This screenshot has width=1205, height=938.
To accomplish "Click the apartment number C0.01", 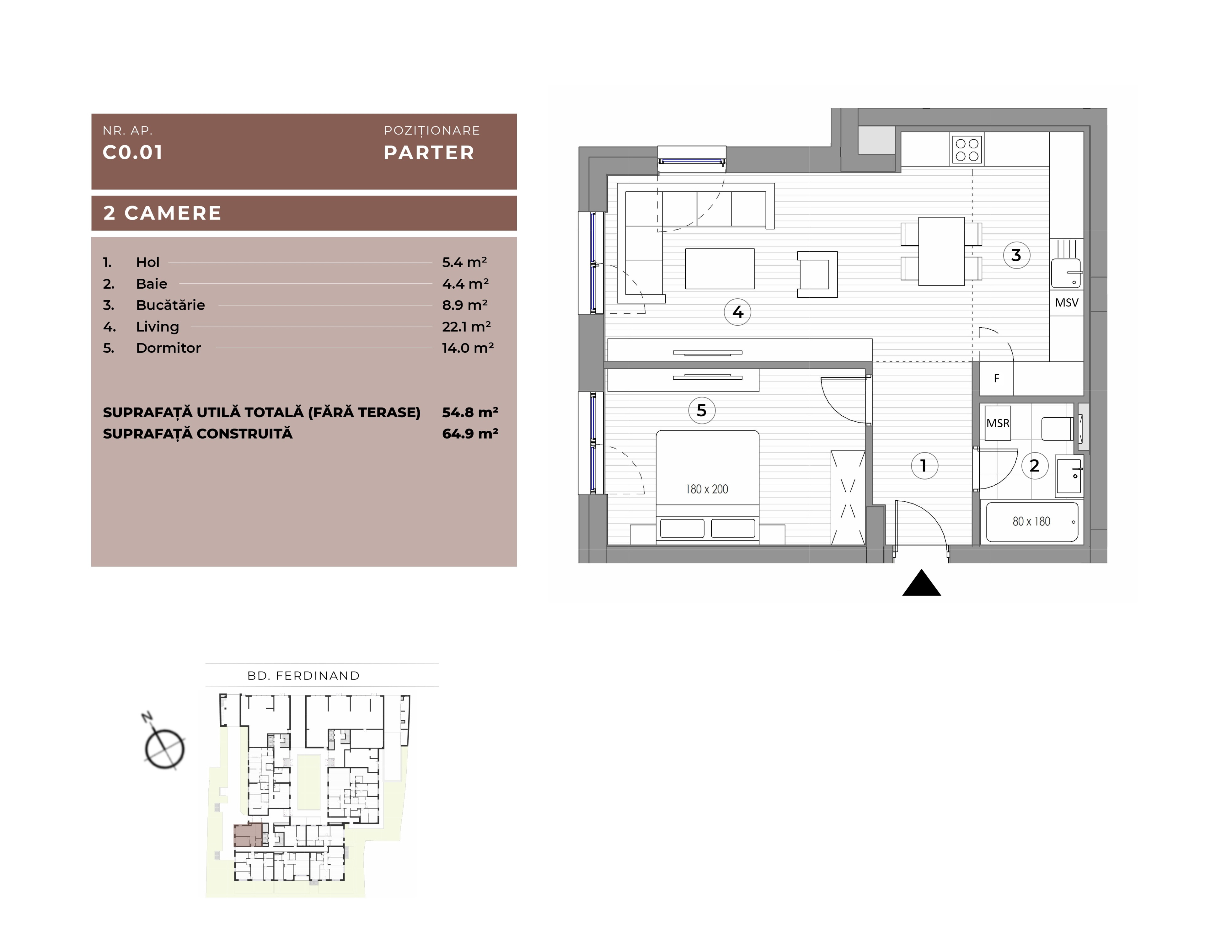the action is click(133, 153).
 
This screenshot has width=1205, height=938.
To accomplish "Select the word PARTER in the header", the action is click(429, 153).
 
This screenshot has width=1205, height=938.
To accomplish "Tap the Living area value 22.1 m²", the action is click(467, 327).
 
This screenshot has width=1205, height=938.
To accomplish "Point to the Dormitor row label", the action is click(168, 348).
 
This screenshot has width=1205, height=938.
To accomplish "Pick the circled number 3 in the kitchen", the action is click(1016, 255).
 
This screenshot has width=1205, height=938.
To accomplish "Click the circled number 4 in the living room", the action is click(738, 312).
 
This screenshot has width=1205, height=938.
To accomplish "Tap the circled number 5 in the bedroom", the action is click(702, 410).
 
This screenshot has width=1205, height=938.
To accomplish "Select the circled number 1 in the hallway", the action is click(924, 466).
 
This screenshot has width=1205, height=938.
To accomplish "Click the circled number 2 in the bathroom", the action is click(1035, 466).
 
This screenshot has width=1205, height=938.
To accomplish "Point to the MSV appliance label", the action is click(1067, 303).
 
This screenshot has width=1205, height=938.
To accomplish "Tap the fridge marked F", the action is click(996, 378).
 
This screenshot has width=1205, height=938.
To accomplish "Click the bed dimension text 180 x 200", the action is click(707, 489).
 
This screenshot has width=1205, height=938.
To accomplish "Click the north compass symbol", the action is click(164, 744).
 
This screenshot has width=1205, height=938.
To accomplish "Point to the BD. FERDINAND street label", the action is click(303, 675).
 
